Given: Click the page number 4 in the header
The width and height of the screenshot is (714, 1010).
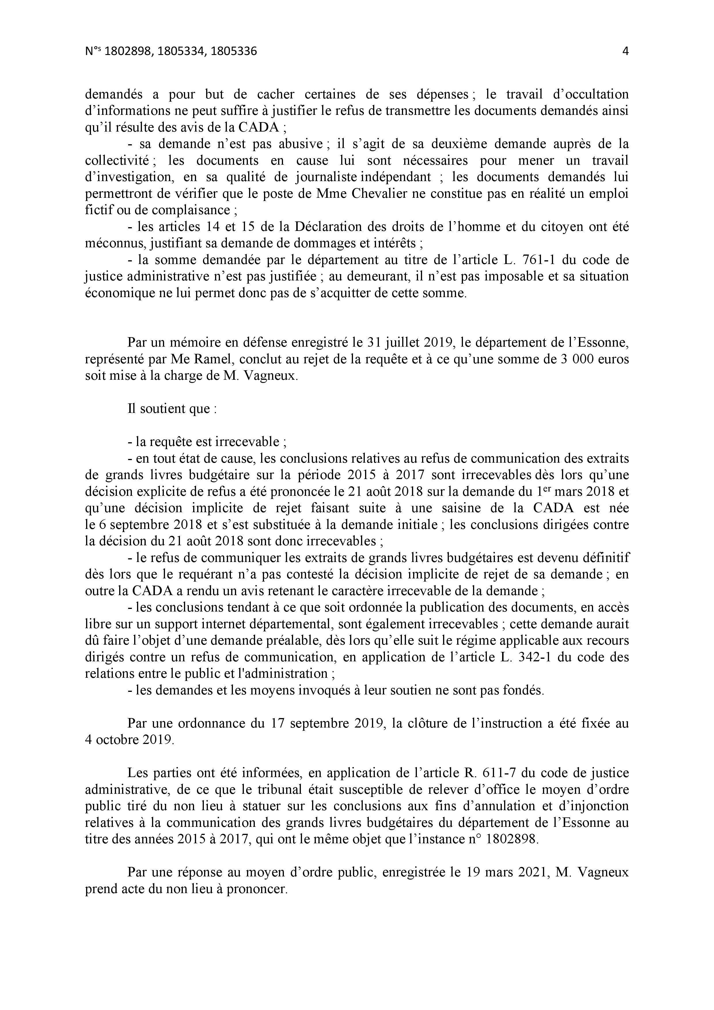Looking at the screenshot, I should tap(625, 52).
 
